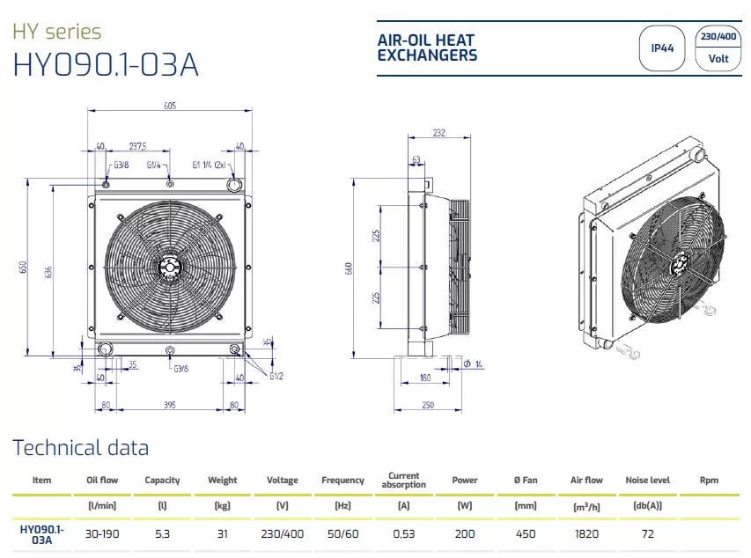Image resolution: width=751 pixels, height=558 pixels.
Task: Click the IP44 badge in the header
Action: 662,48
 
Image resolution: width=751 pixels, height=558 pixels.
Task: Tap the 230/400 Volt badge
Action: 718,48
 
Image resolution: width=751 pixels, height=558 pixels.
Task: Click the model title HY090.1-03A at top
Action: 106,64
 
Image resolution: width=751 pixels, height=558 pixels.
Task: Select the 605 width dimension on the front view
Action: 170,106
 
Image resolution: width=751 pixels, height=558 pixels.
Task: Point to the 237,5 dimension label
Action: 137,146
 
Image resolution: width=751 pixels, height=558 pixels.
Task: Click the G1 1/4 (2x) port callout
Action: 209,165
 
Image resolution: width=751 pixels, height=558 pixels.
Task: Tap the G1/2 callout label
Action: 276,376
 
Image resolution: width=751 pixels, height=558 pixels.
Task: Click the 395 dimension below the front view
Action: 170,405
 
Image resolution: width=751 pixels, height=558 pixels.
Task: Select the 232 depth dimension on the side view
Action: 439,133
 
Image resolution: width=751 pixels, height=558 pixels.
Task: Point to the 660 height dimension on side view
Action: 349,268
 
